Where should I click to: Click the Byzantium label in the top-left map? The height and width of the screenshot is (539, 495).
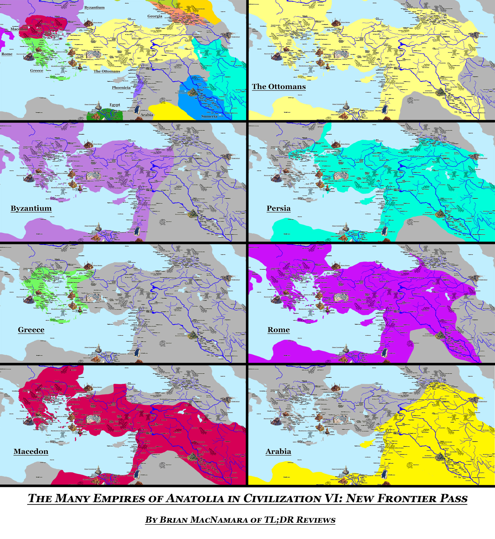coord(94,7)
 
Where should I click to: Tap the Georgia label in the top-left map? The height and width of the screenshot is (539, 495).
coord(155,16)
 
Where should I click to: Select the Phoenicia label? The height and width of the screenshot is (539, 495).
coord(121,88)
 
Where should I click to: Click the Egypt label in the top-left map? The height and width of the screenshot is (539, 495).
coord(115,105)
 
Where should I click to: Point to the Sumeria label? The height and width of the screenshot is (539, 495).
coord(209,116)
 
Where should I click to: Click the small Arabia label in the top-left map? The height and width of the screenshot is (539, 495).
coord(147,115)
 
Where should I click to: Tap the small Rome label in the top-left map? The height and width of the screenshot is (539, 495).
coord(7,54)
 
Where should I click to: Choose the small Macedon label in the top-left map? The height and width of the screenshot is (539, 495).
coord(19,29)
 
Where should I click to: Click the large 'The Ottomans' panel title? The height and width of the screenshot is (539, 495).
coord(279,87)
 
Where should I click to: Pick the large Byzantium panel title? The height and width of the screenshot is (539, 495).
coord(31,208)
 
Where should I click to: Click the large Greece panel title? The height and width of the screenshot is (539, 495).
coord(31,330)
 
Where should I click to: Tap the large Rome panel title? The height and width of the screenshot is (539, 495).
coord(279,330)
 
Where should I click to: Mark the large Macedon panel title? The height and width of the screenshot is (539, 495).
coord(31,451)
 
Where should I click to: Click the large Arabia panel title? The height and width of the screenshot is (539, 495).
coord(278,451)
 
